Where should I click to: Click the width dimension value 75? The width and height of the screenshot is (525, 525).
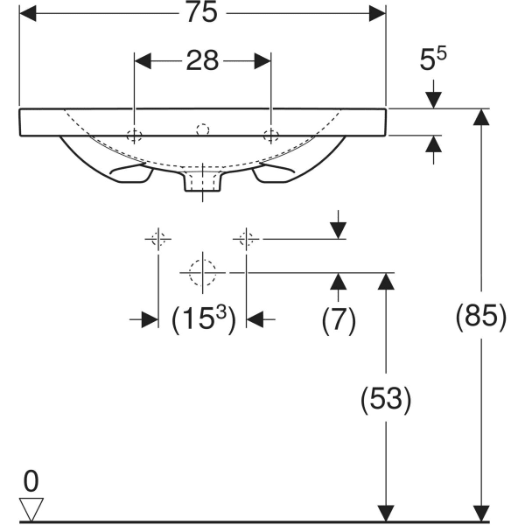tap(203, 13)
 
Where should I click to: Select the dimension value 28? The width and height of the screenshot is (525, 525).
tap(202, 60)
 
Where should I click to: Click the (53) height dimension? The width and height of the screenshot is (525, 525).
tap(384, 399)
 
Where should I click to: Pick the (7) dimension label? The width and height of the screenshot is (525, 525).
tap(338, 320)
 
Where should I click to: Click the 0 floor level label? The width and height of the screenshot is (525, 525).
tap(31, 480)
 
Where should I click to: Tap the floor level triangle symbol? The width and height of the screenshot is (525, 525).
tap(31, 508)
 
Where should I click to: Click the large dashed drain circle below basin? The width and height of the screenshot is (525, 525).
tap(202, 272)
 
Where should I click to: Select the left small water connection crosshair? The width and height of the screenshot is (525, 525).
tap(157, 238)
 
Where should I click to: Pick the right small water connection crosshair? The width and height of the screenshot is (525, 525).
tap(247, 238)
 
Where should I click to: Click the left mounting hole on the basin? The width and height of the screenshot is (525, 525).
tap(134, 135)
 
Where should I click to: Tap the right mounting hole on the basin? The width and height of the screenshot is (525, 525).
tap(271, 135)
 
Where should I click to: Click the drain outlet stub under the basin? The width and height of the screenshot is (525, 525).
tap(202, 182)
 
